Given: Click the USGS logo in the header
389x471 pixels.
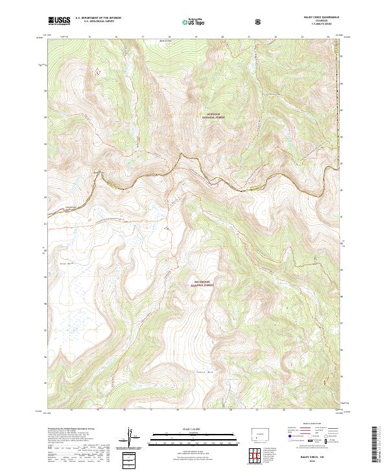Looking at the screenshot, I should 59,21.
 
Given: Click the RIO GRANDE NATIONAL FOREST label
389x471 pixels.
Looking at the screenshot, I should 202,283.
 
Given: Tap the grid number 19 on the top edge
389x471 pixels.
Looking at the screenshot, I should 196,37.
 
